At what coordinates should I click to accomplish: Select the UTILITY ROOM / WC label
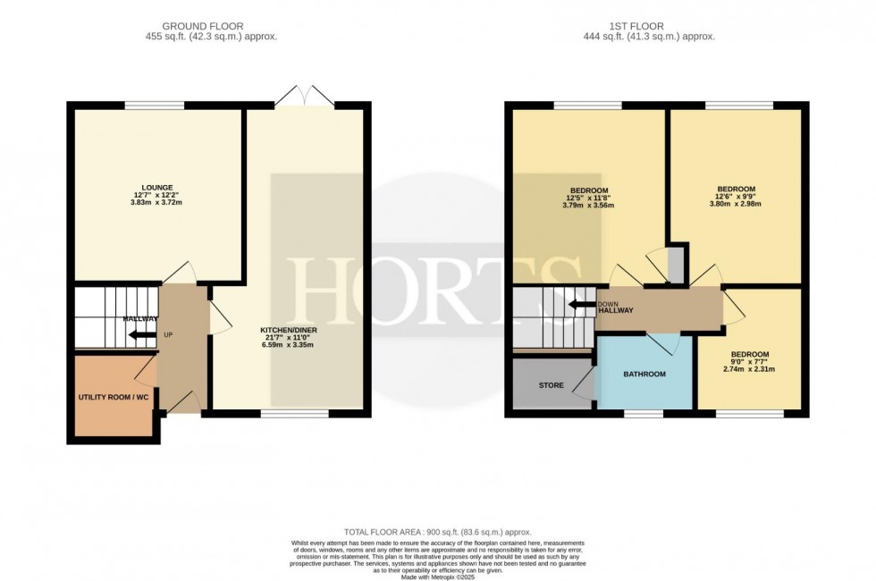(x=114, y=396)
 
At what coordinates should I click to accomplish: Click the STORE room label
(x=551, y=386)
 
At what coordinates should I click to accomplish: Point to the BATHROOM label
(x=644, y=374)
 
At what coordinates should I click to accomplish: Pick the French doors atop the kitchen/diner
(x=305, y=96)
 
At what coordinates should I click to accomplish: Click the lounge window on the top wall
(x=155, y=106)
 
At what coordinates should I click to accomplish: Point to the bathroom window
(x=644, y=414)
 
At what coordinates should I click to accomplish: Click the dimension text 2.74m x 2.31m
(x=748, y=368)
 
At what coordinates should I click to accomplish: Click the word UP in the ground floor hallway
(x=167, y=336)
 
